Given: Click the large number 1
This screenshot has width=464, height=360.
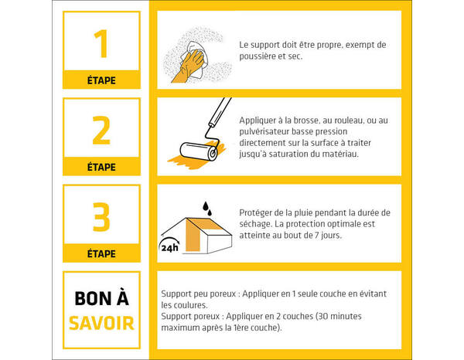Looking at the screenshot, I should pos(101,45).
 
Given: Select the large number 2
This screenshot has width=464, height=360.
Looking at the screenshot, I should pos(101,131).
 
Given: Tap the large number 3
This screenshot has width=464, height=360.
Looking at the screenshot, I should pos(101,218).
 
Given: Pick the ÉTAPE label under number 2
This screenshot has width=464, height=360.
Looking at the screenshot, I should pos(101,167).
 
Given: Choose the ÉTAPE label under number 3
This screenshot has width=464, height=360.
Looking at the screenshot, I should pos(101,253).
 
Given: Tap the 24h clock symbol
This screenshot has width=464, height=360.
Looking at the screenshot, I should pos(169,247).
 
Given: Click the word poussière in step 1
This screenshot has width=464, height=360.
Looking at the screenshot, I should pos(261,56).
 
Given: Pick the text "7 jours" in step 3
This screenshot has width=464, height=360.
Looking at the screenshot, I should pos(325,236).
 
